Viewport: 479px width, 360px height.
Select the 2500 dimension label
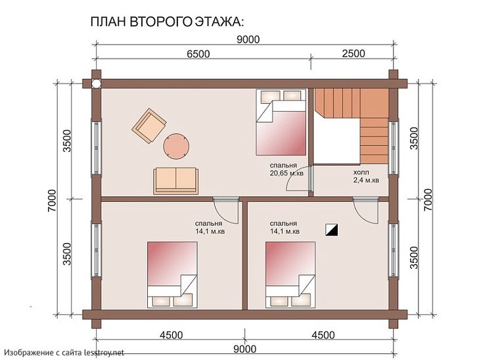point(352,54)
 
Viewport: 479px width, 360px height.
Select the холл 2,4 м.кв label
point(365,175)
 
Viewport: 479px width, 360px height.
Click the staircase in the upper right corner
point(355,118)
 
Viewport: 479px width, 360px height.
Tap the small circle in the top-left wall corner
point(97,83)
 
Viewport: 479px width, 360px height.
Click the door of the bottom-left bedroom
point(225,210)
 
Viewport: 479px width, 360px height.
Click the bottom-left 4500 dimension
point(171,334)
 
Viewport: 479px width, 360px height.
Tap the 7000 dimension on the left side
point(52,197)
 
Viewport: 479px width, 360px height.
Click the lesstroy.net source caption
point(63,353)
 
